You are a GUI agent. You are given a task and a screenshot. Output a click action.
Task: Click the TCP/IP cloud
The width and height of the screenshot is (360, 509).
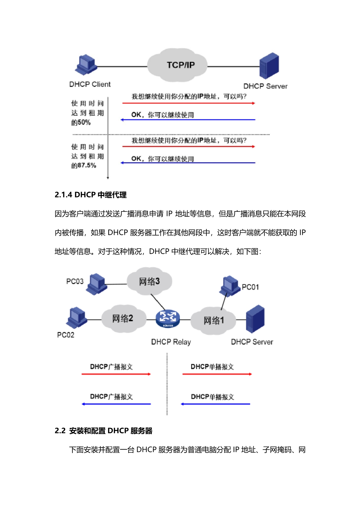[x=177, y=65]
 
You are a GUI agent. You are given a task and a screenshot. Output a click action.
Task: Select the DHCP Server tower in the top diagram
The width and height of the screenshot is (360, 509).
[x=269, y=66]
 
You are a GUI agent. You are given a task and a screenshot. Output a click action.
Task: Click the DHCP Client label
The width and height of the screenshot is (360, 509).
[x=90, y=84]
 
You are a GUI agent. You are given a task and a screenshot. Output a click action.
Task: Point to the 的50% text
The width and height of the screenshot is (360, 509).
[x=81, y=123]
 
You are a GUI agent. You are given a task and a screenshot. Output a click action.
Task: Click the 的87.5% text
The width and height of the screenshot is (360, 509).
[x=84, y=166]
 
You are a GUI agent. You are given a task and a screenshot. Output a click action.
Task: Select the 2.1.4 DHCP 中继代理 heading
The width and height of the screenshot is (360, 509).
[x=91, y=195]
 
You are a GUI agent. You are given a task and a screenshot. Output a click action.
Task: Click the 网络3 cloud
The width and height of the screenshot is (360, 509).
[x=149, y=281]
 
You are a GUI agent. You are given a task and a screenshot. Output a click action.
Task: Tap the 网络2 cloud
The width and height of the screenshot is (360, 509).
[x=123, y=319]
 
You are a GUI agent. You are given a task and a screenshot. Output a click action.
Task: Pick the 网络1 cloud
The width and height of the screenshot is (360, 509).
[x=213, y=320]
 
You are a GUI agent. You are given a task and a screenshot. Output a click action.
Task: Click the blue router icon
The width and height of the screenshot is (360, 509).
[x=168, y=319]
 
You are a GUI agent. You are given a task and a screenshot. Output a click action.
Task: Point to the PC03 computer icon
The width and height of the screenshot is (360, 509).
[x=97, y=284]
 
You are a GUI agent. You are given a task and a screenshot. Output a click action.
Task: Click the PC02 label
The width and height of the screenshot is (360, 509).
[x=66, y=335]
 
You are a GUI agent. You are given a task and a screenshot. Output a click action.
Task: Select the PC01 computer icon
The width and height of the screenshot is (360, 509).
[x=229, y=286]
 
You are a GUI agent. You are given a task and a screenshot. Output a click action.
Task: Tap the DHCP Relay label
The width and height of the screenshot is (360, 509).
[x=171, y=342]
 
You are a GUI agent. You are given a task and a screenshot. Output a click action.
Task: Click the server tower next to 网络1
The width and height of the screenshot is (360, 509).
[x=255, y=319]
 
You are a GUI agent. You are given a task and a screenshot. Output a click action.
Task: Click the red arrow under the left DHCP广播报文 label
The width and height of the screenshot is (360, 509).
[x=116, y=374]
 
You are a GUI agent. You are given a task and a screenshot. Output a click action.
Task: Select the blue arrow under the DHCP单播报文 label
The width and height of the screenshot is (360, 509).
[x=215, y=404]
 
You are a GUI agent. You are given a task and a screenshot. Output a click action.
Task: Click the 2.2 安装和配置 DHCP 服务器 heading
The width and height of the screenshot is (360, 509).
[x=103, y=431]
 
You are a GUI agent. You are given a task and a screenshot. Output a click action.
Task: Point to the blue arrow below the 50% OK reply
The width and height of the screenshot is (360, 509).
[x=188, y=120]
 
